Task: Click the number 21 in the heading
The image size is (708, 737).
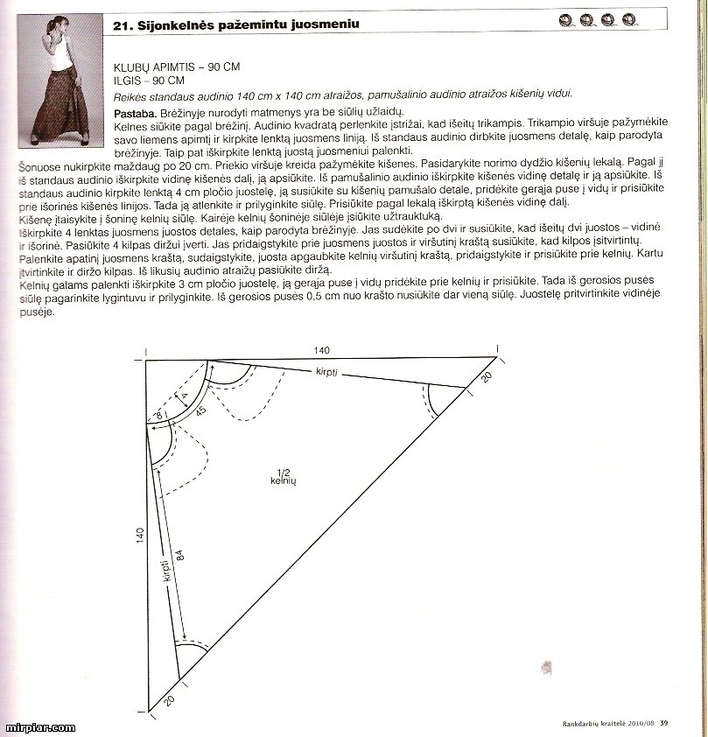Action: click(121, 25)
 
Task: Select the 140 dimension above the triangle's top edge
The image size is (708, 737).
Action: click(323, 350)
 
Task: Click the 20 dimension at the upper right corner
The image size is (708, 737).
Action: click(487, 377)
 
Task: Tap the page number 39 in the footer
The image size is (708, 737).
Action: click(664, 722)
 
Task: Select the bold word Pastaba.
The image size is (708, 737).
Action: click(136, 114)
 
